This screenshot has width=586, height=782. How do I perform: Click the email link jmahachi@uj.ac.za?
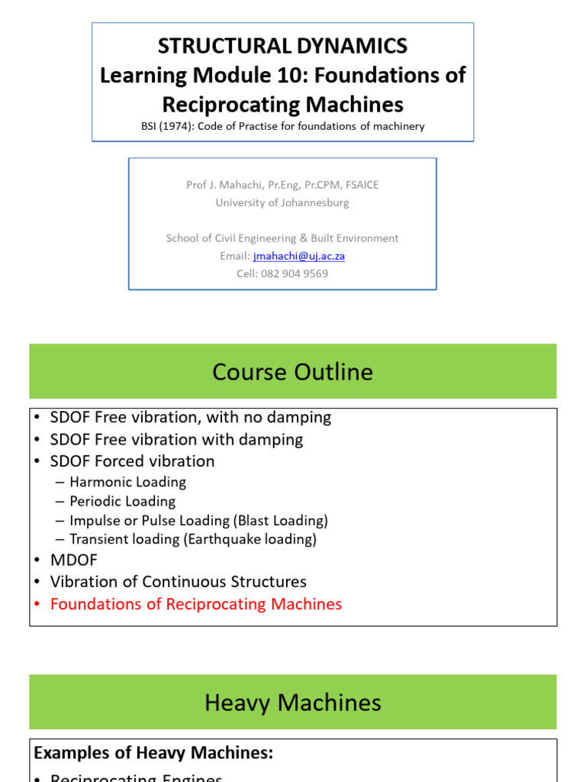pos(299,256)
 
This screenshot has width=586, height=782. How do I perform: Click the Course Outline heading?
pos(292,372)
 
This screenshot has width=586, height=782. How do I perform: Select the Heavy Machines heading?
pos(292,703)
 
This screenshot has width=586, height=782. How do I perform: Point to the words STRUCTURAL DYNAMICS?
pos(282,46)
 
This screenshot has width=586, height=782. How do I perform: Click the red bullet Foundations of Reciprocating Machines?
pos(196,604)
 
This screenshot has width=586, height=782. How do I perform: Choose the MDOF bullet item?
pos(74,560)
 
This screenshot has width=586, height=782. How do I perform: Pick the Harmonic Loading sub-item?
pos(127,482)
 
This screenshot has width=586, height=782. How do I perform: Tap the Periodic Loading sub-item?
pos(122,501)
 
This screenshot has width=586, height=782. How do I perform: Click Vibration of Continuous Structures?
pos(179,582)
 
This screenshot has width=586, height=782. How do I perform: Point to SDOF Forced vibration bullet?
pos(132,461)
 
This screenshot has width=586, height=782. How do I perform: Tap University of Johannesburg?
pos(282,202)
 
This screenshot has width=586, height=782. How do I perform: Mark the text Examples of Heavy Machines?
pos(153,753)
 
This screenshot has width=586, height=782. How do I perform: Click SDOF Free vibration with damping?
pos(176,439)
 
